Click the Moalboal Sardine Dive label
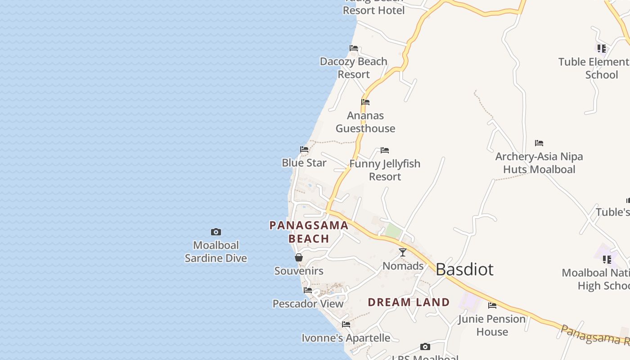[216, 252]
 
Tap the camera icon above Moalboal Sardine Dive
[216, 232]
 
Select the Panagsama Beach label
[309, 232]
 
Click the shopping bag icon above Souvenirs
[299, 257]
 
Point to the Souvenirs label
[299, 271]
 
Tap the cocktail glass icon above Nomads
[403, 252]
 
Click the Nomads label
[403, 266]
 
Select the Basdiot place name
[464, 270]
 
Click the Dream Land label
[409, 302]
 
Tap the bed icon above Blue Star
[304, 149]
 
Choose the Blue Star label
[304, 163]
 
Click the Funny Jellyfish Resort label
[385, 170]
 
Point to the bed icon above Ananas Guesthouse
[365, 102]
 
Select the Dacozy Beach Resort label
[354, 68]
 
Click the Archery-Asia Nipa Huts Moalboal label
[539, 163]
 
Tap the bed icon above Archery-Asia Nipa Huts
[539, 143]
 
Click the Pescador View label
[308, 304]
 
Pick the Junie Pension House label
[492, 325]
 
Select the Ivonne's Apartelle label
[346, 338]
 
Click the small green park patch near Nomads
[393, 232]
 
